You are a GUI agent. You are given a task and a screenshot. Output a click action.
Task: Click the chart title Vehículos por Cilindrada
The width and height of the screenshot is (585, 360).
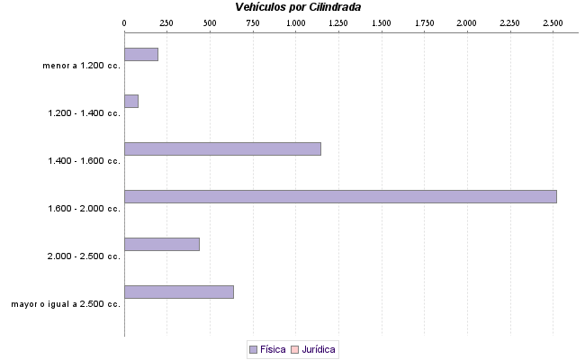[298, 7]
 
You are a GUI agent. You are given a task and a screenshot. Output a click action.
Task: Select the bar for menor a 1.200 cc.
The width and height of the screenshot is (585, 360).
[141, 54]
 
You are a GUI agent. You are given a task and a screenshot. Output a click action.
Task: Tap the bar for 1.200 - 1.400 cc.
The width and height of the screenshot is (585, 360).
[131, 102]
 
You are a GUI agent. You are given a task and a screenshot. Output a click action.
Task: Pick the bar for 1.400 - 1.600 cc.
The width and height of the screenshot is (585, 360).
[222, 148]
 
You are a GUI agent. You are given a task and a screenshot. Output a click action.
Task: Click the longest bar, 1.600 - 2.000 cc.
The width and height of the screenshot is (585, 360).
[340, 196]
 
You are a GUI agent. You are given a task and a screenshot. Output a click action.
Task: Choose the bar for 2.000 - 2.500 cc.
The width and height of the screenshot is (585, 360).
[162, 244]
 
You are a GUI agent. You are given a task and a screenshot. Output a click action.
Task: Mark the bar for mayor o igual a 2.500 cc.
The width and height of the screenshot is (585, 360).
[179, 292]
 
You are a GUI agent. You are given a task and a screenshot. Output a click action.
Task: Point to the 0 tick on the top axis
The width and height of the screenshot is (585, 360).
[124, 21]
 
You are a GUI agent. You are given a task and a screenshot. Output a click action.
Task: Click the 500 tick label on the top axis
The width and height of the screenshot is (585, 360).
[210, 21]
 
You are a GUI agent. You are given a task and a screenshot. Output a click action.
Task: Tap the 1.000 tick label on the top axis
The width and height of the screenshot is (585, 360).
[296, 21]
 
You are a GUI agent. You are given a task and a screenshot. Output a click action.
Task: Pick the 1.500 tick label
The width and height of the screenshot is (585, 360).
[382, 21]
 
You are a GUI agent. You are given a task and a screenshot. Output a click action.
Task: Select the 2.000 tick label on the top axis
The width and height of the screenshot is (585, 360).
[467, 21]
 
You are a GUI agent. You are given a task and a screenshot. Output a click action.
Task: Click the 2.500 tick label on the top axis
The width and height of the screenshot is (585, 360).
[553, 21]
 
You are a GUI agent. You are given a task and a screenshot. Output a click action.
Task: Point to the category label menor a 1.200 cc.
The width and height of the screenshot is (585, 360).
[81, 66]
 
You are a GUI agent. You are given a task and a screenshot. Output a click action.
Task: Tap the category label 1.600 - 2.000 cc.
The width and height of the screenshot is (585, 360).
[83, 209]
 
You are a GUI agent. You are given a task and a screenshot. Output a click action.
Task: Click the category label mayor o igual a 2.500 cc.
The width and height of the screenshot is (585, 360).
[66, 304]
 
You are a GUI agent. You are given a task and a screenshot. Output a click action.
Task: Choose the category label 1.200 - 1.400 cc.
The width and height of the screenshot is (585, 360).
[83, 113]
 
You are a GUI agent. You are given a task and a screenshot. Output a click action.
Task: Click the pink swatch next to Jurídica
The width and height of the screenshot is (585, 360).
[294, 348]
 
